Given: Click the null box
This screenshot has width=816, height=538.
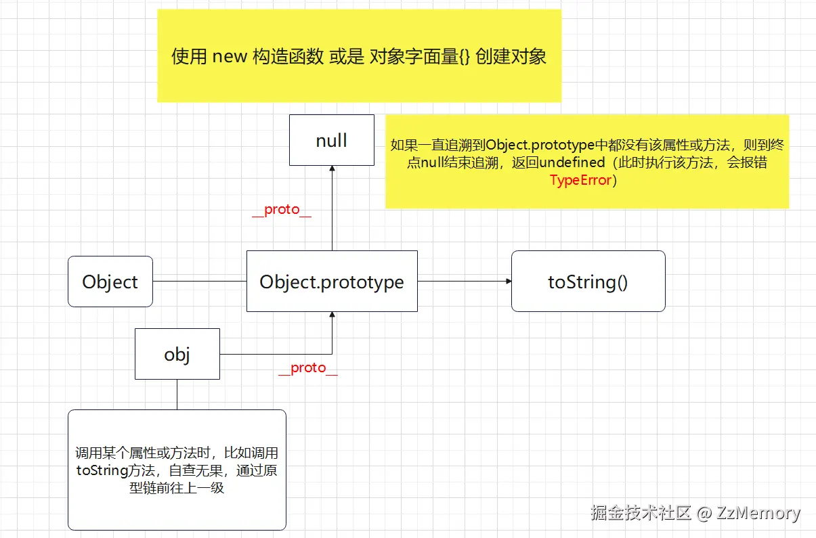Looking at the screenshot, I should (332, 140).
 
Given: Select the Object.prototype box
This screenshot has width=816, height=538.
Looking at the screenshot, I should (332, 282).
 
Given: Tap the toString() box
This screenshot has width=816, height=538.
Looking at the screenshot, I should (588, 282).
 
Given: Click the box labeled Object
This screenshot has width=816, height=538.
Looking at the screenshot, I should (110, 282).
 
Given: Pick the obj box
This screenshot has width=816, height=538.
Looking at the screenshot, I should (177, 354).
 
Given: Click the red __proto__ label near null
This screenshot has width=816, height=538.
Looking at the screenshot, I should (281, 210).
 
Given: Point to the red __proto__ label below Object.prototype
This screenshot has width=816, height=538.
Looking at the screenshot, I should (307, 368).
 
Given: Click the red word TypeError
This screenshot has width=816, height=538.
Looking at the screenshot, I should (580, 180).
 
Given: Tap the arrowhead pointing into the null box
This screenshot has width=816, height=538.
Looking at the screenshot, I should (332, 170).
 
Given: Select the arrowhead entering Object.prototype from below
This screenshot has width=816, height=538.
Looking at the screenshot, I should (332, 316).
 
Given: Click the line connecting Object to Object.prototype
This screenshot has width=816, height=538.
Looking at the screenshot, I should (200, 281).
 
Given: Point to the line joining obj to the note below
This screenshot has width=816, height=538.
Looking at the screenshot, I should (177, 395).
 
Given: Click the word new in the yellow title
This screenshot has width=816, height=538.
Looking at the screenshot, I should (230, 57).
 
